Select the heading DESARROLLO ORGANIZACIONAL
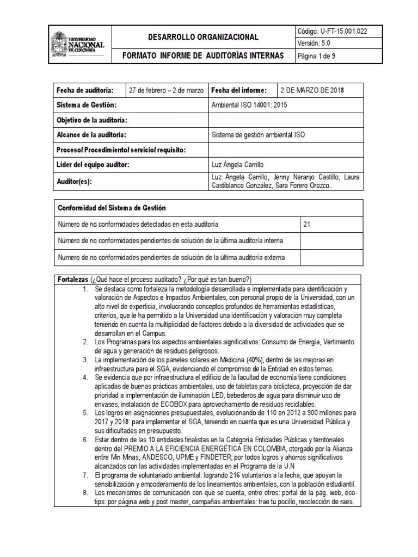[204, 37]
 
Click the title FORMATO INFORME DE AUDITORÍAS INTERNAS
[204, 55]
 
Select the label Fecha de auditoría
[85, 90]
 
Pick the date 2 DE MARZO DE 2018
[313, 90]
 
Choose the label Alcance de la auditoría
[91, 134]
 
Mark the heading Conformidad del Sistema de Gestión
[112, 208]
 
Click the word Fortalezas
[73, 280]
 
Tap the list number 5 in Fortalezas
[85, 413]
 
